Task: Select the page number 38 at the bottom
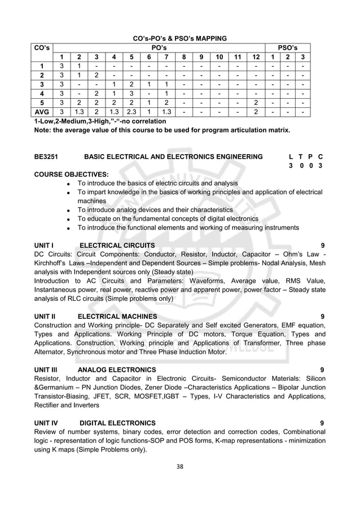179,466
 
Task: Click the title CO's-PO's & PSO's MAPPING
179,38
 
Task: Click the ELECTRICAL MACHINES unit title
117,316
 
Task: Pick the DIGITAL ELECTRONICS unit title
117,423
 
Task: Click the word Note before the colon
43,130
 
